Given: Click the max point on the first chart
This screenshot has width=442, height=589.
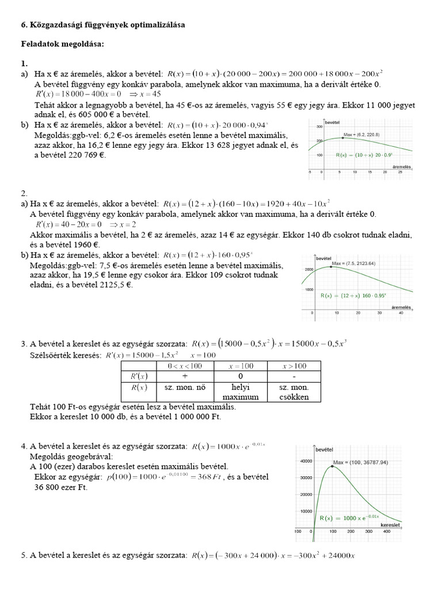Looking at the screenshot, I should [343, 138].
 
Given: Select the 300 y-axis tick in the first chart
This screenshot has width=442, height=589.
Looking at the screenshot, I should [318, 127].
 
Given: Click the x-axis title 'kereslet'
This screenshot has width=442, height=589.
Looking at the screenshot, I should [390, 525].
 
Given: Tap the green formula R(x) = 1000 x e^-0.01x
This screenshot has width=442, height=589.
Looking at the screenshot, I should [346, 518].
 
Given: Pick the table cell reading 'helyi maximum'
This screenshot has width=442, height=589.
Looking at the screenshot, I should [241, 392].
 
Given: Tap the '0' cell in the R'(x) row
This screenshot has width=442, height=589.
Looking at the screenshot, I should [241, 376].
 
